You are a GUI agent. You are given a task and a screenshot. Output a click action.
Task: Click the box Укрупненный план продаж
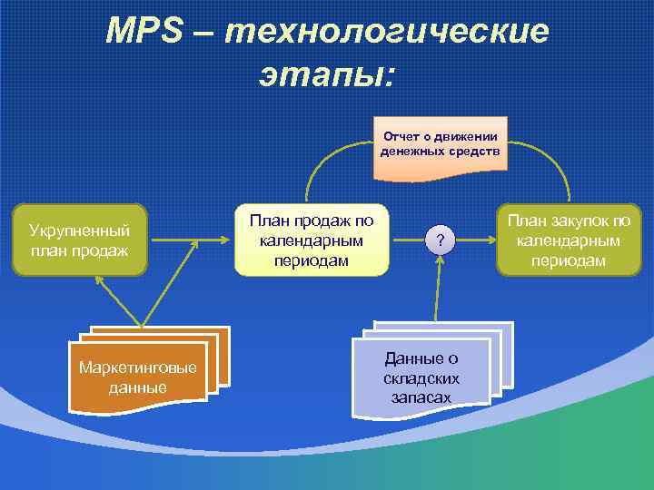(x=79, y=240)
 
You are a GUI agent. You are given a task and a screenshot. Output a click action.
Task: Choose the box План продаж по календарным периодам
(x=312, y=240)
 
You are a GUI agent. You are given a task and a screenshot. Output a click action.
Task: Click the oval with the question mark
(x=440, y=240)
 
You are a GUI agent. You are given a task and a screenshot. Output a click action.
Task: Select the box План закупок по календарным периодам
(x=570, y=240)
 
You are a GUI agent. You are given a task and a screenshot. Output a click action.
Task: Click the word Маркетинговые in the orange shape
(x=137, y=367)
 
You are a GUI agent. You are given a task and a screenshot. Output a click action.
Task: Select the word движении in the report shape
(x=464, y=136)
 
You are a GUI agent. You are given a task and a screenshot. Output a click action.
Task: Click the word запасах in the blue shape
(x=421, y=397)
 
